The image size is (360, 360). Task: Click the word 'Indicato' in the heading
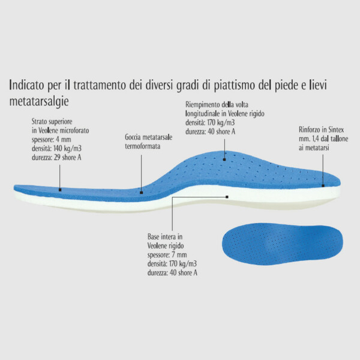(x=26, y=85)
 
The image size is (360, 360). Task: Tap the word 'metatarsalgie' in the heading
(x=39, y=101)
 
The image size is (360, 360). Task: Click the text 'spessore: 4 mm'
(x=52, y=139)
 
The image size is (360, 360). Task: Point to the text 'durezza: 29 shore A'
(x=56, y=157)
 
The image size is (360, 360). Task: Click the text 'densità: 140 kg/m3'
(x=56, y=149)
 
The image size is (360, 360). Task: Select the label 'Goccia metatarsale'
(x=149, y=137)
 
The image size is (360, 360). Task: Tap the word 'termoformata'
(x=143, y=146)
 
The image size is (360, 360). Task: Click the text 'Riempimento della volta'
(x=217, y=104)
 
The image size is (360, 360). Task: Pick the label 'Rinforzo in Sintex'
(x=322, y=130)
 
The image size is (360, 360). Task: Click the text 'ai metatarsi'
(x=314, y=148)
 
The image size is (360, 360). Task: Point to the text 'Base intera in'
(x=165, y=236)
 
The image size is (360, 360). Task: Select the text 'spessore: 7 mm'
(x=167, y=255)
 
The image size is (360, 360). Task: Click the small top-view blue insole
(x=282, y=244)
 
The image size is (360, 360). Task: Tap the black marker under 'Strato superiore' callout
(x=60, y=190)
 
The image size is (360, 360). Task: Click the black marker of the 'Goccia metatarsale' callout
(x=141, y=193)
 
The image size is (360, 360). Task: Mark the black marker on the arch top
(x=224, y=160)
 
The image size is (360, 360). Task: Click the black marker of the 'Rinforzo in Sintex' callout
(x=323, y=185)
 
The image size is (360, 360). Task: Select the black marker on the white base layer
(x=227, y=197)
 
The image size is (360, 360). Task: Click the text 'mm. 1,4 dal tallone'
(x=323, y=139)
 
